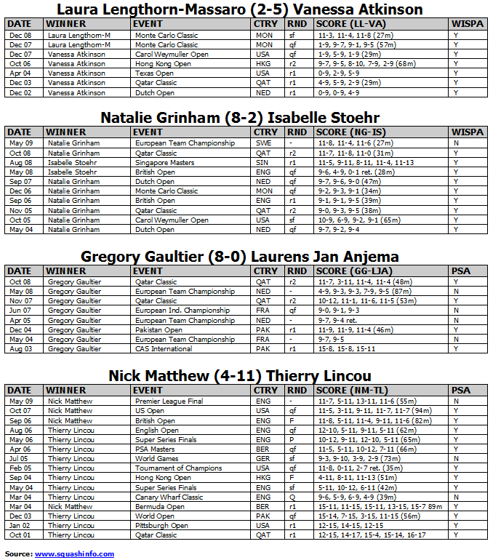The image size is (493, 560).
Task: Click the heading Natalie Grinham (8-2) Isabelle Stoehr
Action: point(240,118)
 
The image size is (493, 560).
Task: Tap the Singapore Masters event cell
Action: point(164,163)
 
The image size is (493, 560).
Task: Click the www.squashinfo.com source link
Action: point(74,554)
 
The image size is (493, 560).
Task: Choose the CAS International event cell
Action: point(164,349)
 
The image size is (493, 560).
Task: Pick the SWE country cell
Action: point(262,143)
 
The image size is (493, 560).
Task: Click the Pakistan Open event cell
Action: point(159,329)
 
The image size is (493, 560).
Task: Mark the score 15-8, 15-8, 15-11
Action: point(345,349)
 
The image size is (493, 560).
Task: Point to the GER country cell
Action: point(262,459)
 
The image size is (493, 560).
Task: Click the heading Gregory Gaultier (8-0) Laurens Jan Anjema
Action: point(240,257)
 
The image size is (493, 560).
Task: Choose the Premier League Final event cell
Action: point(169,401)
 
